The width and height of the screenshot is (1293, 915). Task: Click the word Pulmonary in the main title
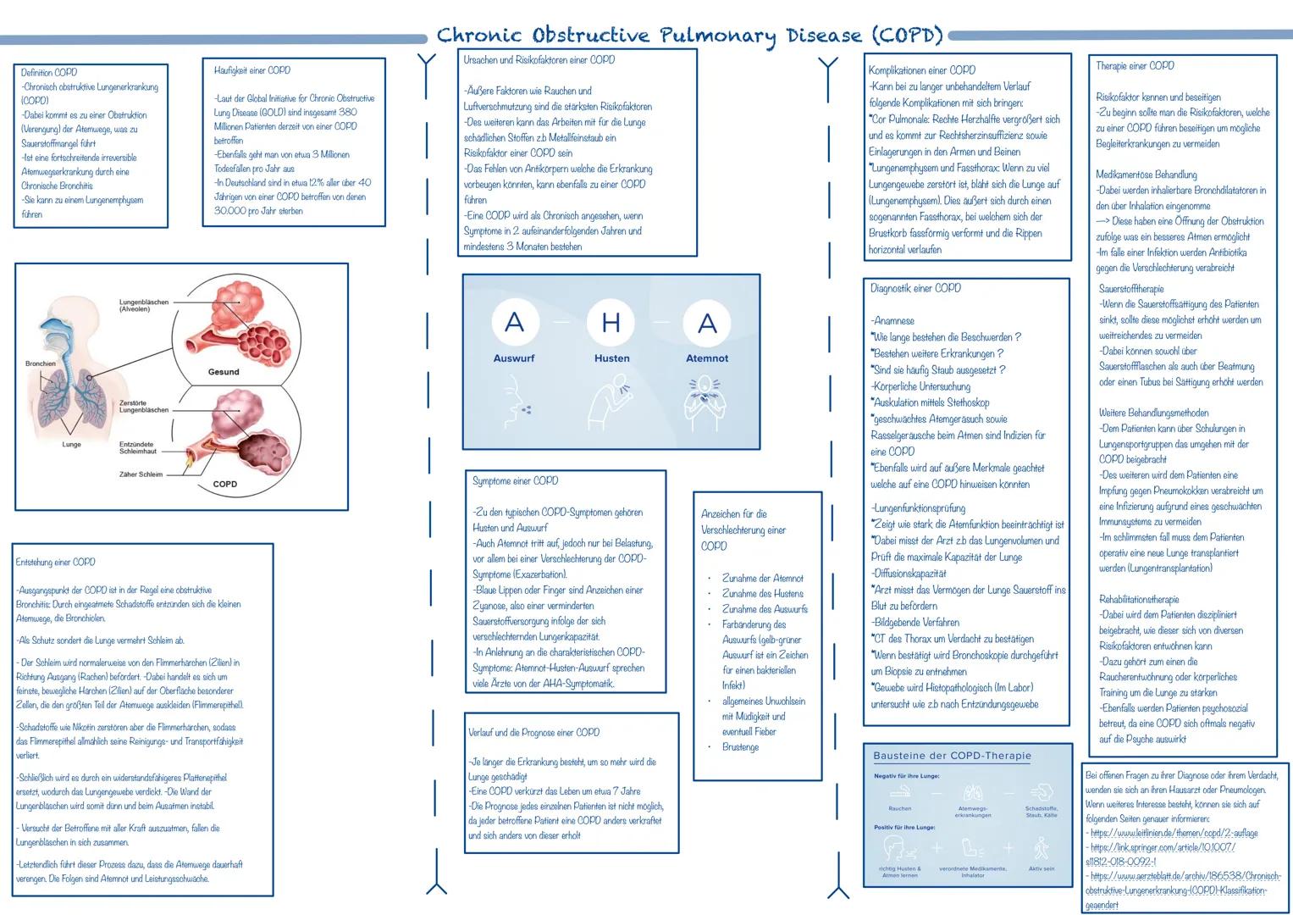pos(717,36)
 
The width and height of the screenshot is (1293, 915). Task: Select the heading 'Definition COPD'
pos(49,73)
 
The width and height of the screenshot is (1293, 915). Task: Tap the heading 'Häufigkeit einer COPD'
pos(252,70)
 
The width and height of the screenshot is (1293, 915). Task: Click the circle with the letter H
pos(611,322)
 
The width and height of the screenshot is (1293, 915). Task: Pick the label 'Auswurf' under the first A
pos(514,358)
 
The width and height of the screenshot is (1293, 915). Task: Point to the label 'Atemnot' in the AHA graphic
pos(707,358)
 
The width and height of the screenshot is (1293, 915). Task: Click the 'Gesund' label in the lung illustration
pos(224,372)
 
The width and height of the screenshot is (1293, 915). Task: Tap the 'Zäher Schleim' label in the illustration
pos(141,474)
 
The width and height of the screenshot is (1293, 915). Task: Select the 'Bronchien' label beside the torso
pos(41,363)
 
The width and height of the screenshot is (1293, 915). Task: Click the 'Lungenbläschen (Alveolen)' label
pos(144,305)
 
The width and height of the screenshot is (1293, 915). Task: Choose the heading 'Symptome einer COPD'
pos(515,481)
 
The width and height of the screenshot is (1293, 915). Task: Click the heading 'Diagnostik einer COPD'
pos(915,288)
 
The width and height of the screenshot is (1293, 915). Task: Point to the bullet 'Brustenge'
pos(740,747)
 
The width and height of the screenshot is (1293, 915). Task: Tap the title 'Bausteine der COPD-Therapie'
pos(953,756)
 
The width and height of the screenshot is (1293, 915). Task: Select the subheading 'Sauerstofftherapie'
pos(1131,289)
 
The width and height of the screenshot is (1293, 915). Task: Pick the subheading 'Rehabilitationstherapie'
pos(1139,599)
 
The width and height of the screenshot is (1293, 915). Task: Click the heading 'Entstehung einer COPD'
pos(56,562)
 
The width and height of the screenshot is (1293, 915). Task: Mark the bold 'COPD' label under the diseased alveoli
pos(225,485)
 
